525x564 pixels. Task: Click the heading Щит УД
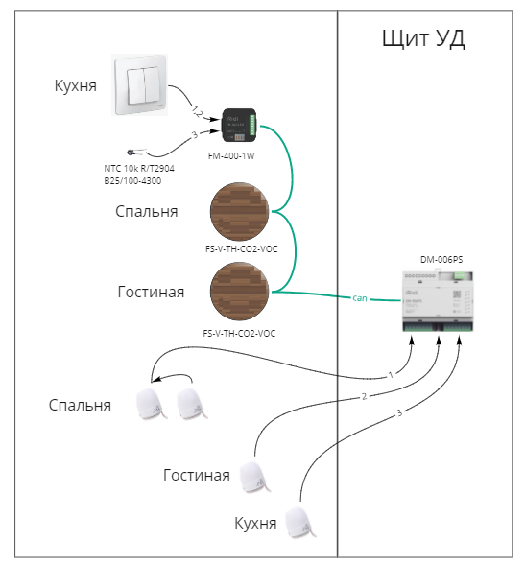tap(423, 39)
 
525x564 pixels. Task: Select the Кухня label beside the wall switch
tap(75, 87)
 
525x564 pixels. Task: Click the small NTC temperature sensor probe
tap(135, 153)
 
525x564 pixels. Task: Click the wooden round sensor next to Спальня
tap(242, 211)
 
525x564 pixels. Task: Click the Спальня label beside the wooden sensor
tap(146, 212)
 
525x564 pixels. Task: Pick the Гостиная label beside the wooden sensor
tap(151, 292)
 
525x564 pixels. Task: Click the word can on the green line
tap(360, 298)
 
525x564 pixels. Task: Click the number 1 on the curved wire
tap(391, 373)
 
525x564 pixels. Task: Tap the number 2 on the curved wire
tap(364, 395)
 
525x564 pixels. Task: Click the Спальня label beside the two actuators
tap(81, 405)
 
